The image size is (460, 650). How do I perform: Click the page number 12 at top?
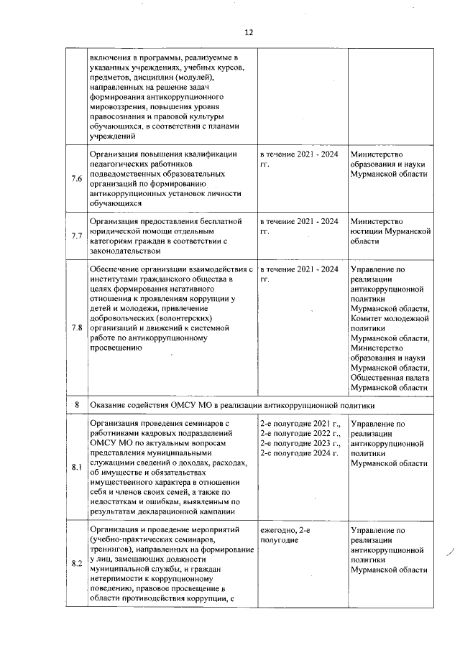tap(249, 33)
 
